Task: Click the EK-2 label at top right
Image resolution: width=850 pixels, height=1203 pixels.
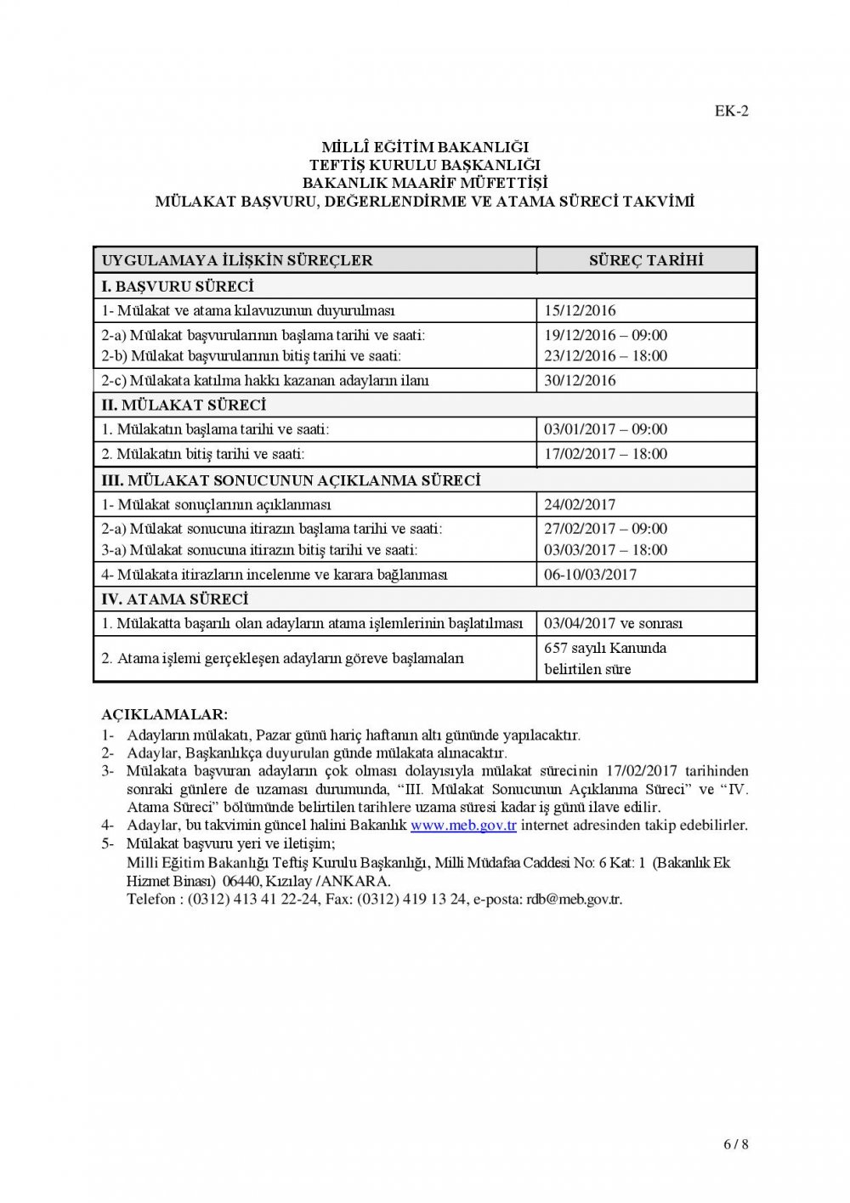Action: (731, 111)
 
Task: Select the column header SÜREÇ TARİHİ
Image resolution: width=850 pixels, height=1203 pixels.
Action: (646, 260)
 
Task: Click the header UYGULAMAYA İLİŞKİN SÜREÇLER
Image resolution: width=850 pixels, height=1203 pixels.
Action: (237, 260)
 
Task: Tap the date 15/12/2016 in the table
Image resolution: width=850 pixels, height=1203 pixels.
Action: (580, 310)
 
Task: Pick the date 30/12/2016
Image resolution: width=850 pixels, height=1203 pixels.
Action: (580, 380)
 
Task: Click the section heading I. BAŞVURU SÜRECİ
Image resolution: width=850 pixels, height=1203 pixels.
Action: (178, 286)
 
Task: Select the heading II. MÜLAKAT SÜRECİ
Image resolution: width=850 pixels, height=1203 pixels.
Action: (184, 405)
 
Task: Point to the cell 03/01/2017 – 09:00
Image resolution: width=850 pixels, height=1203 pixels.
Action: (605, 429)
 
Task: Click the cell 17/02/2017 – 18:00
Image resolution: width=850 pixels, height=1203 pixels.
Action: (605, 454)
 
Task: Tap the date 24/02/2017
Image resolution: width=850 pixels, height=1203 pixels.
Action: (580, 504)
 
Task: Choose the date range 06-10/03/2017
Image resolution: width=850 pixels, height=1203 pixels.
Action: (590, 575)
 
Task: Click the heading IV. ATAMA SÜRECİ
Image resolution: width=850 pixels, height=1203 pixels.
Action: (175, 599)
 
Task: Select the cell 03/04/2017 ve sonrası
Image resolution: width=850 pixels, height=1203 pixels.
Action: (613, 623)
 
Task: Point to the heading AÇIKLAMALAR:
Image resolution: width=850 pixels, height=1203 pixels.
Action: (164, 715)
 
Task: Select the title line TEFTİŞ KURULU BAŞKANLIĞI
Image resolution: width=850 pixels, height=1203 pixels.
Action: (425, 165)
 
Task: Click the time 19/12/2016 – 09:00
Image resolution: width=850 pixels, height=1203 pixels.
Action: (605, 335)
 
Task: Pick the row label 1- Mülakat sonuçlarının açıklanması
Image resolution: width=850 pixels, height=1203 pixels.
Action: (216, 504)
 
